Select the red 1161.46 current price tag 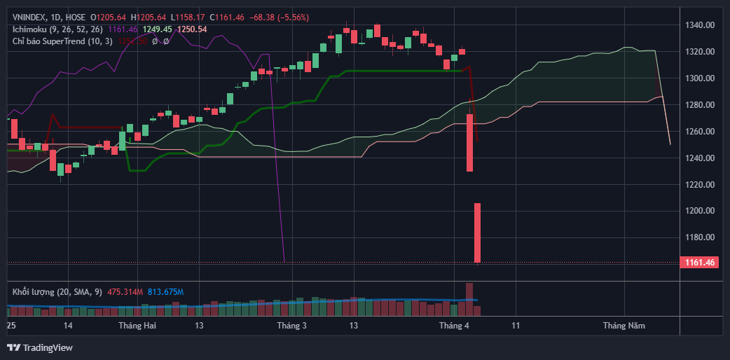[x=698, y=263]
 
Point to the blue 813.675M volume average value [x=165, y=291]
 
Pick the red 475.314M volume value [x=125, y=291]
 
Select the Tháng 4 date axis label [x=454, y=326]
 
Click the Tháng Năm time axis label [x=624, y=326]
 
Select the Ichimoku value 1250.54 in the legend [x=192, y=29]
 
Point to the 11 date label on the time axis [x=516, y=326]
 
